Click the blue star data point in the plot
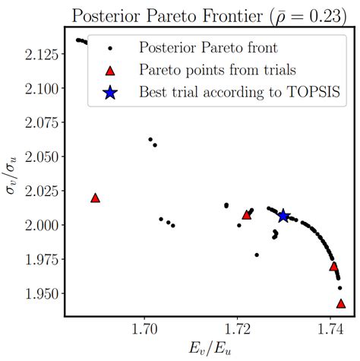point(283,217)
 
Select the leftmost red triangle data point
point(96,198)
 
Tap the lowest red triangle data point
point(341,303)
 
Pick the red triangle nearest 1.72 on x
point(246,214)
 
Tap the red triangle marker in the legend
point(109,71)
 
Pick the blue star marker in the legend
point(109,93)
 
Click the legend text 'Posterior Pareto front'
point(206,48)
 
